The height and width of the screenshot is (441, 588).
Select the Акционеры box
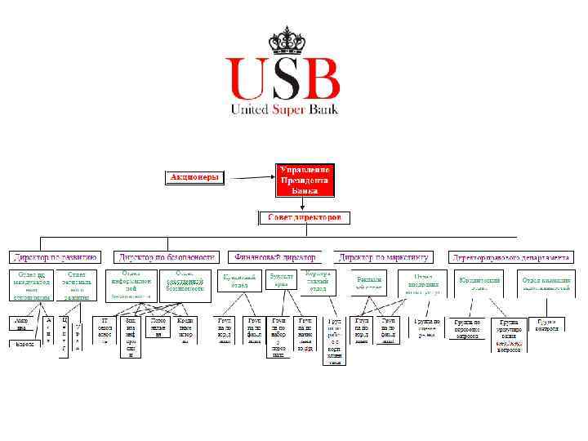(x=195, y=177)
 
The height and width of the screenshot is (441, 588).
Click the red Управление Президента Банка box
(x=305, y=180)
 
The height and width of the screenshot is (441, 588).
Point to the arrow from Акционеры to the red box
(x=248, y=177)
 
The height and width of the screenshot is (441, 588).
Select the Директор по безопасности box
(x=167, y=256)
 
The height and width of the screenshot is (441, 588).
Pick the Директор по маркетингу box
(x=383, y=256)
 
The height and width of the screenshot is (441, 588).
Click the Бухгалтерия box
(x=283, y=280)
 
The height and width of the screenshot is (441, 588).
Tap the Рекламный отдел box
(x=369, y=283)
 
